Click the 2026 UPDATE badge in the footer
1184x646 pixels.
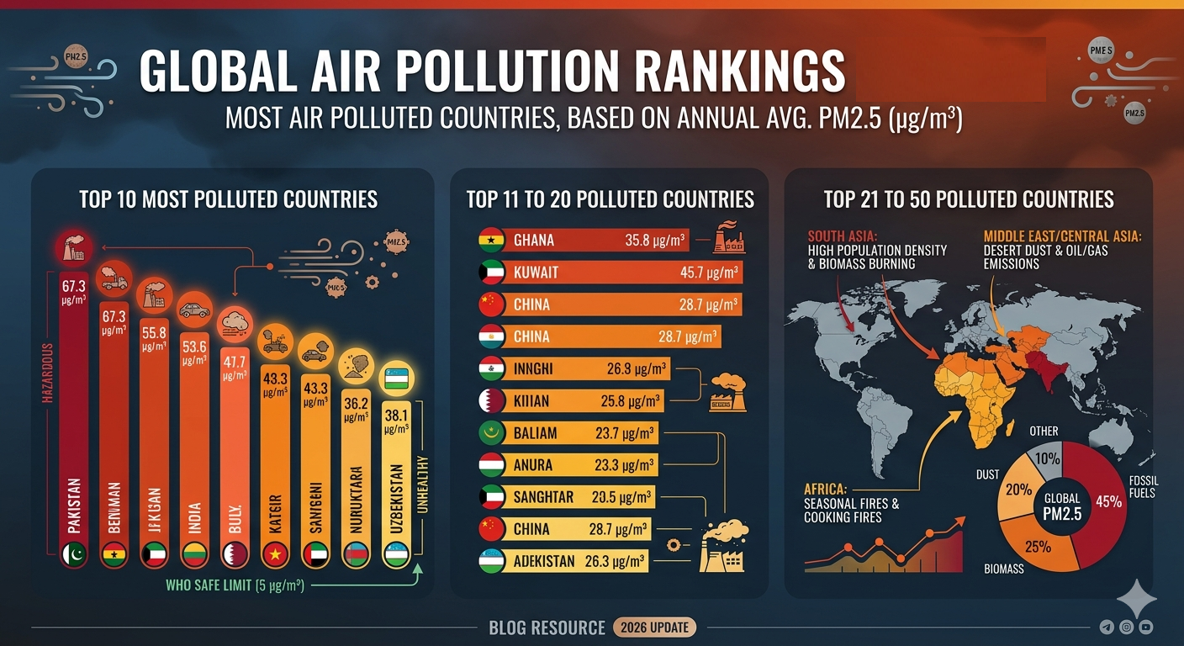click(x=654, y=627)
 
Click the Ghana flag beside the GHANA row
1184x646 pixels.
click(x=490, y=241)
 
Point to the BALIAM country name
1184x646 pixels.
click(x=535, y=433)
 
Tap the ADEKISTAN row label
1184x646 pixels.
click(x=544, y=561)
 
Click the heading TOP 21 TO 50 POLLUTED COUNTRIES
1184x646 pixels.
click(x=969, y=199)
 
